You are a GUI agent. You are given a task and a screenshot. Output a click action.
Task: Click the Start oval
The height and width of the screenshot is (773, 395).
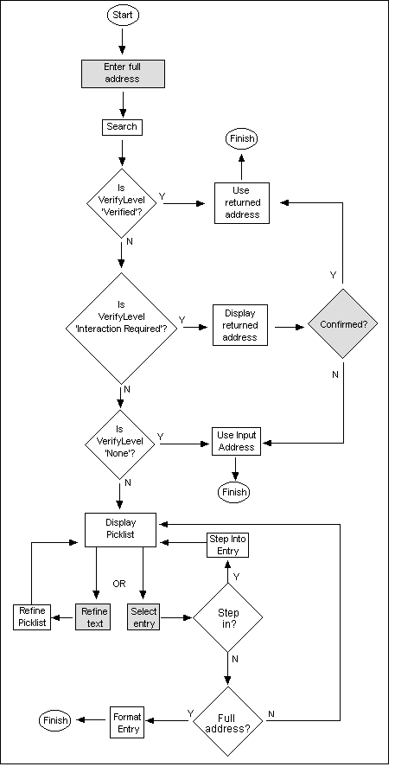pyautogui.click(x=122, y=15)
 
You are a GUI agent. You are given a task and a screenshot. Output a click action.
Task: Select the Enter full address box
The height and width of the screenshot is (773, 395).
pyautogui.click(x=122, y=73)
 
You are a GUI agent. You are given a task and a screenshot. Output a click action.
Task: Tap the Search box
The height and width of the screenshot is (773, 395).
pyautogui.click(x=122, y=126)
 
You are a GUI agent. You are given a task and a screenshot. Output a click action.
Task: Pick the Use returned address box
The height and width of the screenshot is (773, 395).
pyautogui.click(x=241, y=202)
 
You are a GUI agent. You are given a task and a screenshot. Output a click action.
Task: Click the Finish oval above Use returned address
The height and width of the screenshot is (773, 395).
pyautogui.click(x=241, y=138)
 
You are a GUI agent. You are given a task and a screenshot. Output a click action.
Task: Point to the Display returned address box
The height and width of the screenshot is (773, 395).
pyautogui.click(x=239, y=325)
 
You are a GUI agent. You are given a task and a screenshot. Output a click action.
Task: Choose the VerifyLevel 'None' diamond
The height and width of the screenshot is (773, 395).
pyautogui.click(x=121, y=443)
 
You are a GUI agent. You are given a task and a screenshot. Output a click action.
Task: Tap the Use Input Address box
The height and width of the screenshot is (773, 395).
pyautogui.click(x=235, y=442)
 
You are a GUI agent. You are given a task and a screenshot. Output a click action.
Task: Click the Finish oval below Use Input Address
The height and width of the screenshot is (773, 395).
pyautogui.click(x=234, y=492)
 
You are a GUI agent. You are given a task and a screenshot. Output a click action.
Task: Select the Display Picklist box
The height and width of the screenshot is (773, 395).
pyautogui.click(x=120, y=529)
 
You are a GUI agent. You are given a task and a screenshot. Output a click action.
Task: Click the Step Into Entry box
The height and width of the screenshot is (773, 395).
pyautogui.click(x=228, y=545)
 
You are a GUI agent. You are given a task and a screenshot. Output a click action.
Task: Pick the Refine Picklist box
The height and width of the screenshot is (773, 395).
pyautogui.click(x=31, y=617)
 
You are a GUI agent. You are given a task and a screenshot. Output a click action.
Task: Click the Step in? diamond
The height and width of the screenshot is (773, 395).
pyautogui.click(x=228, y=617)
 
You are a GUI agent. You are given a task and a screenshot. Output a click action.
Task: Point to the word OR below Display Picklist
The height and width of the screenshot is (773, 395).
pyautogui.click(x=119, y=584)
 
